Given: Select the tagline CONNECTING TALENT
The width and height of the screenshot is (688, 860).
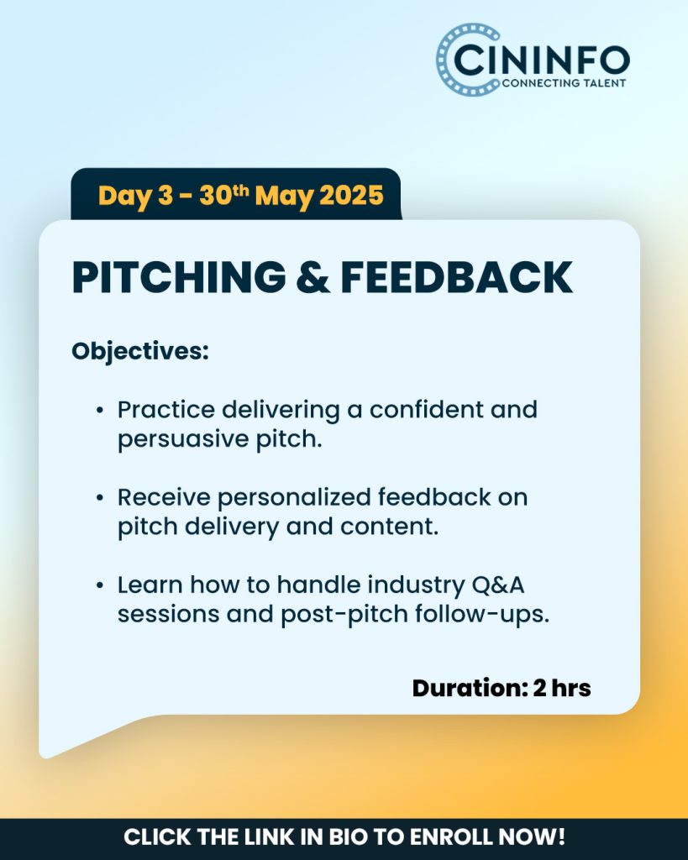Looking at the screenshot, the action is click(564, 83).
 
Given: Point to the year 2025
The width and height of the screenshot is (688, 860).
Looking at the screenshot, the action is click(351, 195).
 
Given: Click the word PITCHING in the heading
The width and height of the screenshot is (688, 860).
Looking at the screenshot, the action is click(179, 277).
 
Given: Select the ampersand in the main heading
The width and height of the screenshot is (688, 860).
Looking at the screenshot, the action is click(312, 277).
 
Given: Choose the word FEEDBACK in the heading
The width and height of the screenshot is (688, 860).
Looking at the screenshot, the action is click(456, 277).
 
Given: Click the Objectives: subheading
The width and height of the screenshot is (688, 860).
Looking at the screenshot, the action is click(140, 352).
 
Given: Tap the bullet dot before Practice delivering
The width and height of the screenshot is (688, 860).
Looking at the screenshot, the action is click(99, 410).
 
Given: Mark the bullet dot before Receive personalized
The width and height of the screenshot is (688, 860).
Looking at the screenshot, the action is click(99, 498).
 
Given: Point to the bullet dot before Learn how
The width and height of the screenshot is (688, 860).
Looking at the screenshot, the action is click(99, 585).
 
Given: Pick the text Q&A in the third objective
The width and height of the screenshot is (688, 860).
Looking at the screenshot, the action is click(498, 585).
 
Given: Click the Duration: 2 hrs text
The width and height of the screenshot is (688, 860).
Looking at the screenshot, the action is click(502, 689).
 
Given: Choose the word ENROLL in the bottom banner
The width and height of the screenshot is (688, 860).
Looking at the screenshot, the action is click(450, 837).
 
